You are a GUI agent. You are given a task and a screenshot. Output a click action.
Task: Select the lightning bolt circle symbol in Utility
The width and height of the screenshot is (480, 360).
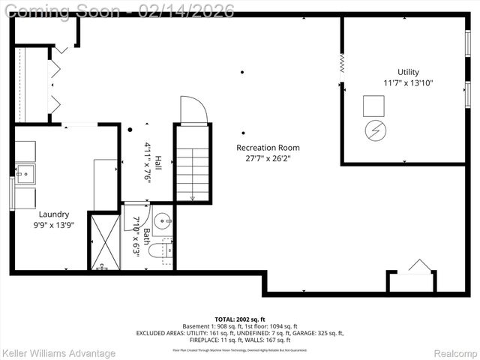click(373, 131)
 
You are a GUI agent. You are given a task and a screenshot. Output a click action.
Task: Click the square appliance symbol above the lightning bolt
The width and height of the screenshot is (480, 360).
click(373, 106)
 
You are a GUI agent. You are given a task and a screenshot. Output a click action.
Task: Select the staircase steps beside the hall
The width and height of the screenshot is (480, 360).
click(193, 172)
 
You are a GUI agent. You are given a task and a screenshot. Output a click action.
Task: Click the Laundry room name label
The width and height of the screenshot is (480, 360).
click(54, 214)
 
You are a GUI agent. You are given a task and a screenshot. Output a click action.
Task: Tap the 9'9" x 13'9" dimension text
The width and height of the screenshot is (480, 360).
click(54, 224)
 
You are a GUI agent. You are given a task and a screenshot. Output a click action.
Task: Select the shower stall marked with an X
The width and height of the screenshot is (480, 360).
click(103, 241)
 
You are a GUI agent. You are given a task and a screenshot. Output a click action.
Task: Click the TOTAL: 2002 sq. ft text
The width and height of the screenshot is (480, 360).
click(239, 319)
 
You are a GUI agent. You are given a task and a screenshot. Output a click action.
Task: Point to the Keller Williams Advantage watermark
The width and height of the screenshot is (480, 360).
click(58, 352)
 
